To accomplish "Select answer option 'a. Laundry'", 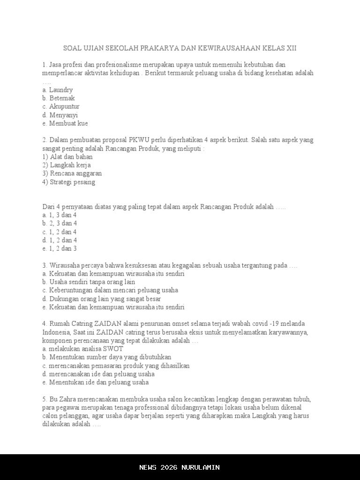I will [x=57, y=90].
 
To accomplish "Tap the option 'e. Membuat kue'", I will [x=65, y=123].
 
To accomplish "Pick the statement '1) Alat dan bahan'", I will [x=67, y=157].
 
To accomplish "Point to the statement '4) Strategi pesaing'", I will [x=68, y=182].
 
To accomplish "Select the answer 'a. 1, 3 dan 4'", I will [x=59, y=215].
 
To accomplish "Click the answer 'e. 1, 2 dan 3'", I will [x=59, y=248].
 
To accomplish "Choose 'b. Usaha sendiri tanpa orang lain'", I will [x=89, y=282].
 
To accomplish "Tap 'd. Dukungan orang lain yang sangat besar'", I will [x=101, y=299].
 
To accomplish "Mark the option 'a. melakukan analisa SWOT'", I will [x=82, y=349].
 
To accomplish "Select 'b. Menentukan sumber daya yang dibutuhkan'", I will [x=106, y=357].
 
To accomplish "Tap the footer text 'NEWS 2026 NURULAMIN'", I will [x=180, y=467].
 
